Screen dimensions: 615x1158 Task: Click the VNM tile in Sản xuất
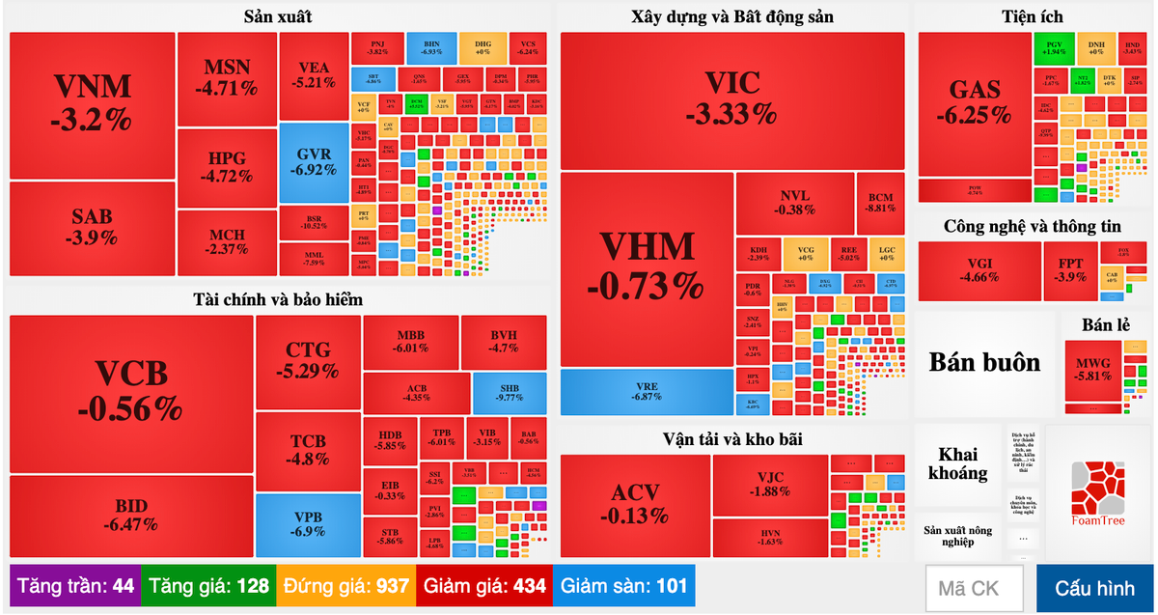click(x=92, y=104)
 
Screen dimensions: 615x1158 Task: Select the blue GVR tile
click(x=315, y=162)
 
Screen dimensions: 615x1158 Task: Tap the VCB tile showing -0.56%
click(x=130, y=391)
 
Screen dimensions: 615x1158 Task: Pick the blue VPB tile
click(x=307, y=524)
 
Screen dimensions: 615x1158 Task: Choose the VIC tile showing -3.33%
click(x=731, y=99)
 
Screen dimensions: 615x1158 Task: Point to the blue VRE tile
click(x=646, y=391)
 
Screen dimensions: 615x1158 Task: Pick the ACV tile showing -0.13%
click(x=634, y=504)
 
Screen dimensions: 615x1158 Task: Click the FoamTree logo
click(x=1098, y=493)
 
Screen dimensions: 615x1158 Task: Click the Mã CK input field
click(x=976, y=588)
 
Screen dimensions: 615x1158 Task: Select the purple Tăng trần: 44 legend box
click(x=75, y=586)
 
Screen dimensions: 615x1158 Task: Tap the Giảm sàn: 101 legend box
click(x=623, y=586)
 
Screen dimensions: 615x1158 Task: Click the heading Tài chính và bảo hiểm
click(x=278, y=299)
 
